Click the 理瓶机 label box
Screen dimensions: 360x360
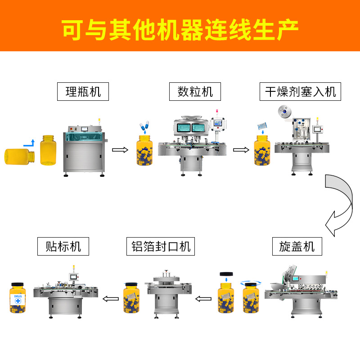pyautogui.click(x=83, y=92)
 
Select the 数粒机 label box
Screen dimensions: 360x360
pyautogui.click(x=195, y=92)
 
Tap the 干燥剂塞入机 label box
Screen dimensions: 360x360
pyautogui.click(x=300, y=92)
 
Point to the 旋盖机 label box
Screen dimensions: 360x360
pyautogui.click(x=297, y=246)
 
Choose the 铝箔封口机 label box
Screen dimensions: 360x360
pyautogui.click(x=161, y=246)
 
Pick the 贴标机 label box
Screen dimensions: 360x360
pyautogui.click(x=63, y=246)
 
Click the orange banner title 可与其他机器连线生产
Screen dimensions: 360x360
pyautogui.click(x=180, y=30)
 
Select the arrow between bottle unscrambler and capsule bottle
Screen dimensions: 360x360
pyautogui.click(x=120, y=150)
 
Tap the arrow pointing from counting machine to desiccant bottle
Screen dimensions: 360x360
pyautogui.click(x=241, y=150)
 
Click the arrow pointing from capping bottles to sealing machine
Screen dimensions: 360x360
pyautogui.click(x=203, y=299)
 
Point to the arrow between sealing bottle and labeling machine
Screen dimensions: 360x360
pyautogui.click(x=111, y=299)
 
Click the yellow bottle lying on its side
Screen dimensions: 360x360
pyautogui.click(x=20, y=157)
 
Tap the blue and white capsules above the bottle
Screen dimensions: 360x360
pyautogui.click(x=144, y=125)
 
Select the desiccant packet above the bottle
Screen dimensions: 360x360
pyautogui.click(x=262, y=126)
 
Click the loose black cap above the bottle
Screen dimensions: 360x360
pyautogui.click(x=226, y=274)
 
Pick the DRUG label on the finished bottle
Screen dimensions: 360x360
pyautogui.click(x=18, y=299)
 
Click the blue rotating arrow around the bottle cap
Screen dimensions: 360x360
pyautogui.click(x=251, y=283)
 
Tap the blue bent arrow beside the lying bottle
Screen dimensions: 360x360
pyautogui.click(x=29, y=143)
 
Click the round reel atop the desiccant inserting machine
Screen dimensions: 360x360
pyautogui.click(x=284, y=112)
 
